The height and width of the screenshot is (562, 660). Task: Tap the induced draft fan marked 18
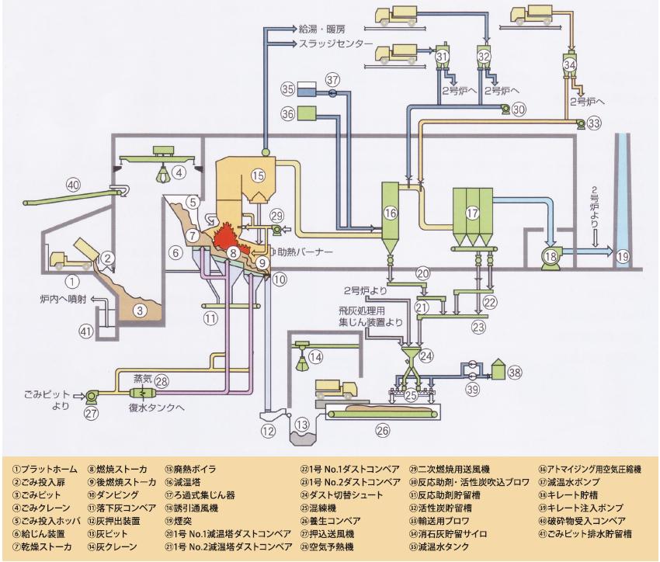point(551,255)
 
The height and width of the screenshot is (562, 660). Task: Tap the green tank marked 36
point(311,113)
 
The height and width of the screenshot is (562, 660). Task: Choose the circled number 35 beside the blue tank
point(289,88)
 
